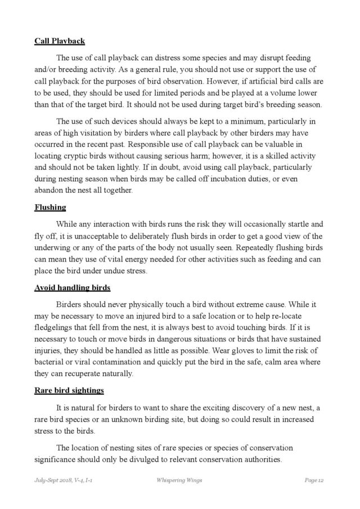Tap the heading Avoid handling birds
click(x=72, y=287)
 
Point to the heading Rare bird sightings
click(x=69, y=390)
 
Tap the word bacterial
click(x=52, y=363)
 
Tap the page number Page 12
click(x=313, y=481)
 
